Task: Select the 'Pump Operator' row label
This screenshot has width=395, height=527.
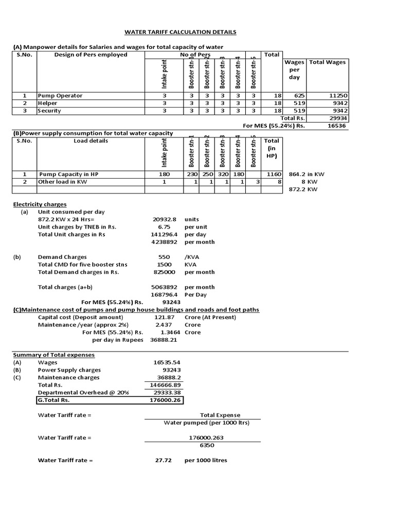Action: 60,96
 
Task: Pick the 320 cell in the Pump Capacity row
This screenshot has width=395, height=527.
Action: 223,174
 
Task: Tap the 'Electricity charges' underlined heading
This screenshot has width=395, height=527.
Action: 40,204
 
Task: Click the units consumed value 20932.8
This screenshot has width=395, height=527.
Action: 165,219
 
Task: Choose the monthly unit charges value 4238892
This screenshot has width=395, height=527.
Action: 164,242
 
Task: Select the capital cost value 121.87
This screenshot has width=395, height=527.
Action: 165,318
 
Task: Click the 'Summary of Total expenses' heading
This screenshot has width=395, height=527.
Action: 53,355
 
